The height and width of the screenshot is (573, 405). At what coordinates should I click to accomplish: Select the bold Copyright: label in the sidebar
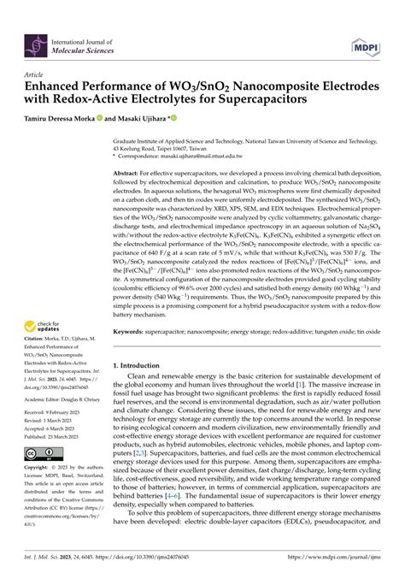tap(42, 469)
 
